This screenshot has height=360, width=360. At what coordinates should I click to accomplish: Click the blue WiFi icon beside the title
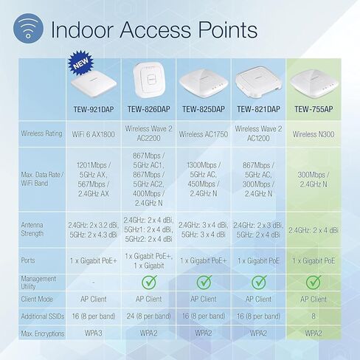click(28, 28)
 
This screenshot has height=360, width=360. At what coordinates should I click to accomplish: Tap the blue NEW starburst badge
click(80, 63)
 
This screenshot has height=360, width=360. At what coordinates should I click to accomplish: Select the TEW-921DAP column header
click(94, 109)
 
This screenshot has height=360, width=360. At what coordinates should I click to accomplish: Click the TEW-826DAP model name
click(149, 109)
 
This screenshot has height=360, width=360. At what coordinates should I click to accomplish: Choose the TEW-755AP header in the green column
click(314, 109)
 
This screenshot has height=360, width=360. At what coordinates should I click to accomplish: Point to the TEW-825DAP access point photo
click(204, 83)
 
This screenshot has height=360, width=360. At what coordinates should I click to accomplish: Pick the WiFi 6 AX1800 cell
click(94, 134)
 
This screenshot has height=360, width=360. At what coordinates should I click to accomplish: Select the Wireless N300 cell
click(314, 134)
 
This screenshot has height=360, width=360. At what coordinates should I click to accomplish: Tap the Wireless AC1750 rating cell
click(204, 134)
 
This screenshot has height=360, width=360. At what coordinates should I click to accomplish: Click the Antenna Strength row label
click(32, 229)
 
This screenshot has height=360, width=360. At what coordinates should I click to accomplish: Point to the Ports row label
click(28, 260)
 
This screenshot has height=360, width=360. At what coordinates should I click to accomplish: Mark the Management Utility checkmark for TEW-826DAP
click(149, 282)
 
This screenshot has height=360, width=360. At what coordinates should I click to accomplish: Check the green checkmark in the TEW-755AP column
click(314, 282)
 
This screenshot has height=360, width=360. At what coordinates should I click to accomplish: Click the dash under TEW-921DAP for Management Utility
click(94, 283)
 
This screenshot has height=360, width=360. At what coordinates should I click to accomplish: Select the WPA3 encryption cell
click(94, 333)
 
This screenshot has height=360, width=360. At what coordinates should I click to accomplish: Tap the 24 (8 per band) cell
click(149, 316)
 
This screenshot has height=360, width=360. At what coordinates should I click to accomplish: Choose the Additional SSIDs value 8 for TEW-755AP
click(314, 316)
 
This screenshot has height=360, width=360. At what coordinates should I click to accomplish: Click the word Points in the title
click(228, 30)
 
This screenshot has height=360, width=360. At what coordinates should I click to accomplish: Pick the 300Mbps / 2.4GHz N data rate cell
click(314, 179)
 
